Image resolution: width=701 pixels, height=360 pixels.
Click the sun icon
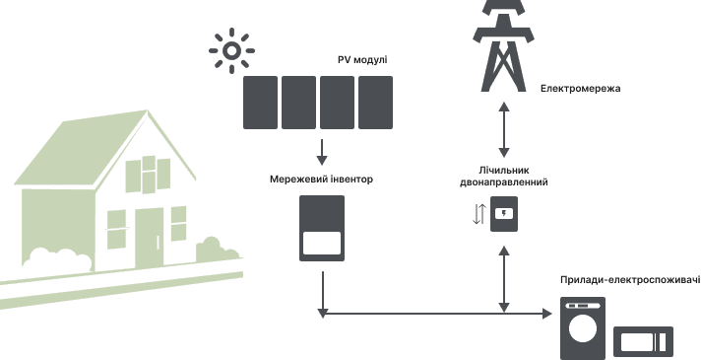point(231,50)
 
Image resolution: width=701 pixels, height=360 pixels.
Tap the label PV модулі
point(362,60)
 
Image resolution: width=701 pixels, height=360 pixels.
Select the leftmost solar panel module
point(260,103)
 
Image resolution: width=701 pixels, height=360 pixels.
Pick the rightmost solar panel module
point(375,103)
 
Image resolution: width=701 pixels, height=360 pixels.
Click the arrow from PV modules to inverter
point(322,152)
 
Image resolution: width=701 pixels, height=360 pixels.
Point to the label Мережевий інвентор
point(321,180)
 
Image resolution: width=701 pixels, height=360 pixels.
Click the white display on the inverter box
point(322,244)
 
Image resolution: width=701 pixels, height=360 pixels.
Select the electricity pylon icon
point(503,44)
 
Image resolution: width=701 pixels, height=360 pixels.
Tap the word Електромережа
point(580,89)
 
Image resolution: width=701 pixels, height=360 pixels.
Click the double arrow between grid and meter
point(504,129)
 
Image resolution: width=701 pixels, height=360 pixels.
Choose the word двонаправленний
point(504,182)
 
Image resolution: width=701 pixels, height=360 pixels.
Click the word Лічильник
point(504,171)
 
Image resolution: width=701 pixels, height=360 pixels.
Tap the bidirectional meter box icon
point(504,214)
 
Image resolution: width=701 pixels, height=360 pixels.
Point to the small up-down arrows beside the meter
point(478,214)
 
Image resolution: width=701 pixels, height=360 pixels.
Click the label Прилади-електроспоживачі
point(630,280)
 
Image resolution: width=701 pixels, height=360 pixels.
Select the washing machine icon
point(583,328)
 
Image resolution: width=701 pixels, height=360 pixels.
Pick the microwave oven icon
point(643,342)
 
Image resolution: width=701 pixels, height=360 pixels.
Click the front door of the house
point(150,238)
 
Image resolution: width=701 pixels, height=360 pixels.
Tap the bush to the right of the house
point(218,251)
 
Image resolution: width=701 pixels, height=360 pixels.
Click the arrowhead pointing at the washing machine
point(546,314)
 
